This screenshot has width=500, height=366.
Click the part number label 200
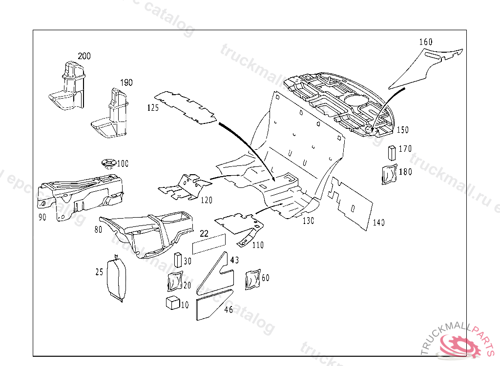84,56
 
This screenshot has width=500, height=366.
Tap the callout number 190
126,82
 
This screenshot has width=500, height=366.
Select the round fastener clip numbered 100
107,163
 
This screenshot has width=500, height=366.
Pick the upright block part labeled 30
178,260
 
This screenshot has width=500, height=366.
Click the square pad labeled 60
253,279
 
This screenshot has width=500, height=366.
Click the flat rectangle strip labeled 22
209,244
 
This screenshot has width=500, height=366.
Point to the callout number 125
153,108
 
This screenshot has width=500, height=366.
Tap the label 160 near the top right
426,42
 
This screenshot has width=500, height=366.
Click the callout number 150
403,130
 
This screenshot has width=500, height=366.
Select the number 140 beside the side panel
378,223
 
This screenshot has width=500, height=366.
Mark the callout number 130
308,221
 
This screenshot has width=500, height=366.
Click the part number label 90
42,217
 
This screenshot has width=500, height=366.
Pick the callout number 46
229,309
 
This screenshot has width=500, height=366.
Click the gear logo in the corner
458,345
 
